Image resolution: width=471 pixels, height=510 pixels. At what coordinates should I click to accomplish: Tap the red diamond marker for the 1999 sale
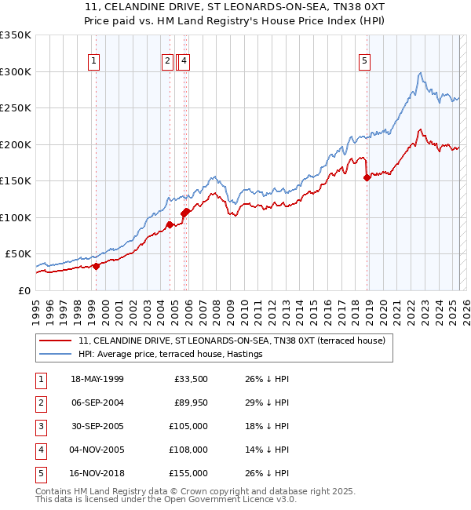point(97,266)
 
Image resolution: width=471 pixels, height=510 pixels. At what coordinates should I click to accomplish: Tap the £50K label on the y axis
point(19,254)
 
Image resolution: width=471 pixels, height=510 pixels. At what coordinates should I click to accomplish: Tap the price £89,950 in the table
point(190,403)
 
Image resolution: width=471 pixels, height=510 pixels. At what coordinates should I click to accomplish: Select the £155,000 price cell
point(188,473)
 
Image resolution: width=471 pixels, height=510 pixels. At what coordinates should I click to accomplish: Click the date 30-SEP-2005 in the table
point(97,426)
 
